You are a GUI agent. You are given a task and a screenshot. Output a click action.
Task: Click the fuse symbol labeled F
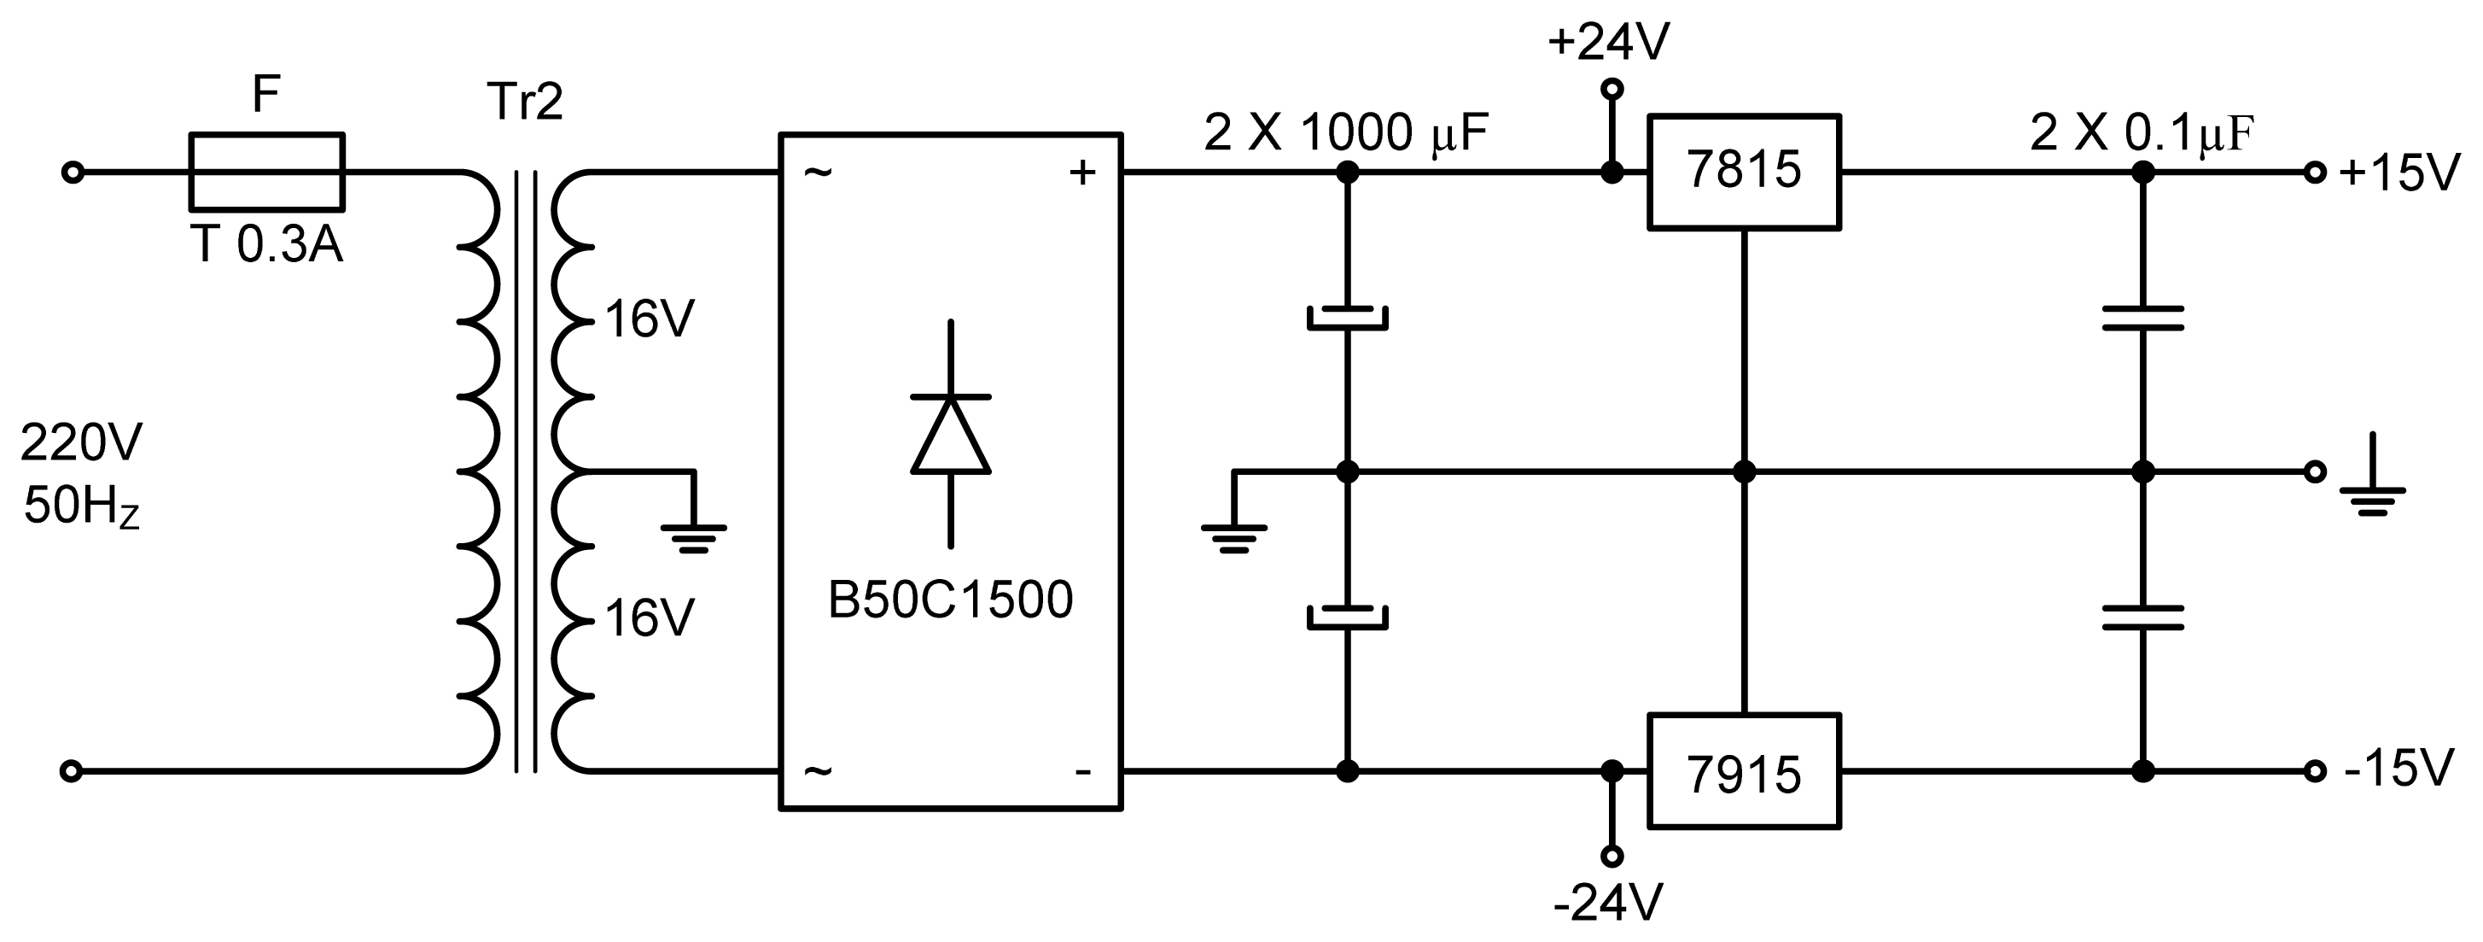(x=266, y=173)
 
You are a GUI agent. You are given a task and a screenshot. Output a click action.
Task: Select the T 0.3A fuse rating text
(x=266, y=245)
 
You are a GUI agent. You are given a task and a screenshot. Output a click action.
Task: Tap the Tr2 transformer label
(x=524, y=102)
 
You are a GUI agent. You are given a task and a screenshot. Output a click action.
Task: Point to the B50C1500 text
(x=949, y=600)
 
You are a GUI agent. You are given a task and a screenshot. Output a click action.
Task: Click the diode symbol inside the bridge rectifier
(x=950, y=435)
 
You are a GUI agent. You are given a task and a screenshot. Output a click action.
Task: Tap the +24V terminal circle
(x=1611, y=90)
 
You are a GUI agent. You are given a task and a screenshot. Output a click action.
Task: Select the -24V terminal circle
(x=1611, y=855)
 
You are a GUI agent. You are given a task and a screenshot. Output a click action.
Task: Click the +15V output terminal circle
(x=2314, y=173)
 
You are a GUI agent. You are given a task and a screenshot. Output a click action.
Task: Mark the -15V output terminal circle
(x=2314, y=771)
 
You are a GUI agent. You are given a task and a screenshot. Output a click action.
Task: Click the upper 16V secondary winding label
(x=649, y=319)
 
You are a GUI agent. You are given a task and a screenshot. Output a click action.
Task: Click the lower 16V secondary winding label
(x=649, y=618)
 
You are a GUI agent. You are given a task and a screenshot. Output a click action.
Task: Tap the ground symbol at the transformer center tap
(x=693, y=536)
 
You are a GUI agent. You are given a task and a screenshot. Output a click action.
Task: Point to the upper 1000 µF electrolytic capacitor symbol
(x=1347, y=319)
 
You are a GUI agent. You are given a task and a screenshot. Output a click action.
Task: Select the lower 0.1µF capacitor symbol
(x=2142, y=617)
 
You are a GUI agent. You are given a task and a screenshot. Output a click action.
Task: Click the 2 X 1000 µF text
(x=1345, y=132)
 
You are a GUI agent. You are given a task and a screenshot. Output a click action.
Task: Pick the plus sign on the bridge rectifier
(x=1082, y=173)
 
